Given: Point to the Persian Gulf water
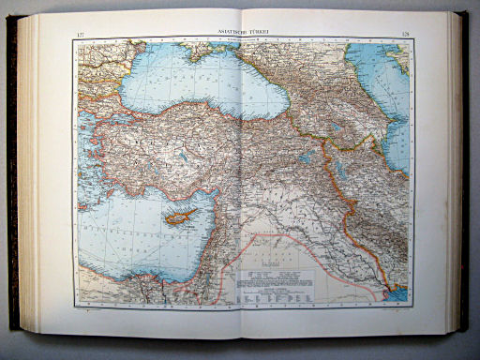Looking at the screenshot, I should (397, 292).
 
